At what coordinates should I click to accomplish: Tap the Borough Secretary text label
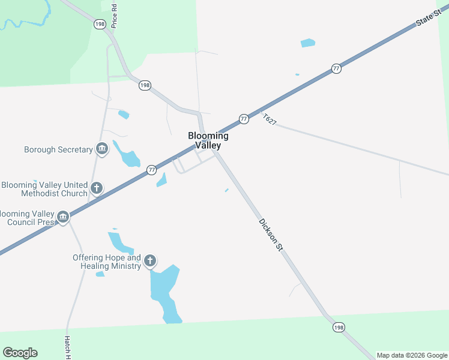pyautogui.click(x=58, y=149)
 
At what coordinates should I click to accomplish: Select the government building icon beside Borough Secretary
pyautogui.click(x=101, y=149)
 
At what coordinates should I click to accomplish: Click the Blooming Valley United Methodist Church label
pyautogui.click(x=44, y=190)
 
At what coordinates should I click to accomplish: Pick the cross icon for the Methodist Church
pyautogui.click(x=96, y=189)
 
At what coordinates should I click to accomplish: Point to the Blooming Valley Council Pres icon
pyautogui.click(x=63, y=217)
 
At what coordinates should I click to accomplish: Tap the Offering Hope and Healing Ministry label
pyautogui.click(x=107, y=262)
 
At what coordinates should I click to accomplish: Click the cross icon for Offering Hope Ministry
pyautogui.click(x=150, y=261)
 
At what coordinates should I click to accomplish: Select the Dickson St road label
pyautogui.click(x=270, y=235)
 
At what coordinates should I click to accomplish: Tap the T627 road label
pyautogui.click(x=270, y=119)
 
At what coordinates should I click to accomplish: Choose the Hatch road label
pyautogui.click(x=68, y=347)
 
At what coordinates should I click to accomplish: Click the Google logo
pyautogui.click(x=20, y=353)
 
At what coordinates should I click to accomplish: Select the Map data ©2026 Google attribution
pyautogui.click(x=412, y=355)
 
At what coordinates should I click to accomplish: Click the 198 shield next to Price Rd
pyautogui.click(x=100, y=23)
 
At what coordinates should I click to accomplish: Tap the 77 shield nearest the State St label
pyautogui.click(x=336, y=69)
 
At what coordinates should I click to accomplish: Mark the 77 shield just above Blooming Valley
pyautogui.click(x=244, y=119)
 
